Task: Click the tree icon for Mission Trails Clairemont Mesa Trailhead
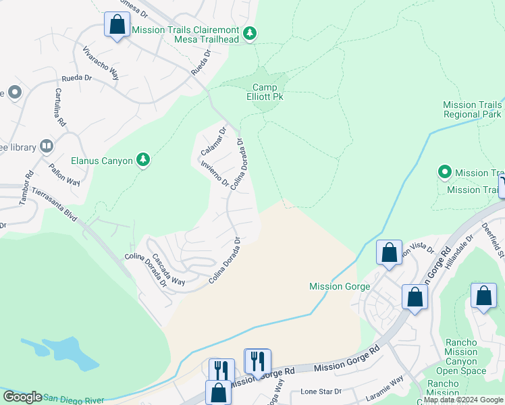(x=250, y=33)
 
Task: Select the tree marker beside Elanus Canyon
(x=142, y=160)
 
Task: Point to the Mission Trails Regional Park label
(x=473, y=109)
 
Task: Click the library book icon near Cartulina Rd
(x=46, y=146)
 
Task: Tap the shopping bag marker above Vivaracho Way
(x=117, y=25)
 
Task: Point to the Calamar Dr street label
(x=213, y=139)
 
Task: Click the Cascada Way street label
(x=167, y=269)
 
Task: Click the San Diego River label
(x=74, y=400)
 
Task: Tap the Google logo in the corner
(x=22, y=397)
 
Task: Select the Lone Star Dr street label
(x=322, y=391)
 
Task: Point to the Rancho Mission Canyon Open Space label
(x=461, y=356)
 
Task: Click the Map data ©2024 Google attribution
(x=463, y=400)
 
